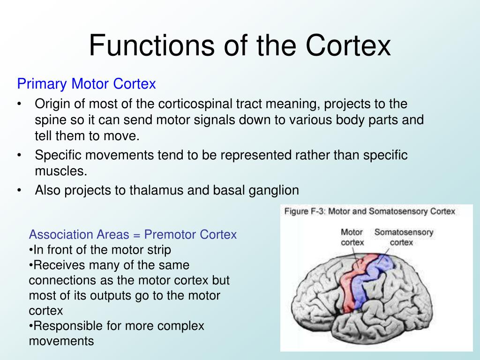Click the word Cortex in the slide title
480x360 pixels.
point(349,45)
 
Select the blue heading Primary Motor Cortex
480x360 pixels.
point(86,84)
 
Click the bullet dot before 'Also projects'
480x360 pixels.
point(19,190)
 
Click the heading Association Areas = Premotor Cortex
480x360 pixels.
point(133,234)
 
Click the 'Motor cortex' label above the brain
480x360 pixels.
point(352,237)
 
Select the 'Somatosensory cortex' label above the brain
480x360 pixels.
point(404,237)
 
